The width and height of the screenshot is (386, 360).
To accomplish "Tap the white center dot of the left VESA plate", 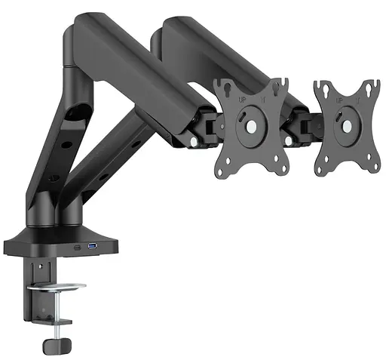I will coord(249,127).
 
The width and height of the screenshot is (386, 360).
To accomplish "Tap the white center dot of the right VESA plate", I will coord(345,126).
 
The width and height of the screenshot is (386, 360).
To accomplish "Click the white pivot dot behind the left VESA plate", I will coord(194,141).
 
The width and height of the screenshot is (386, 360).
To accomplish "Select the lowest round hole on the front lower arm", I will coord(54,179).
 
